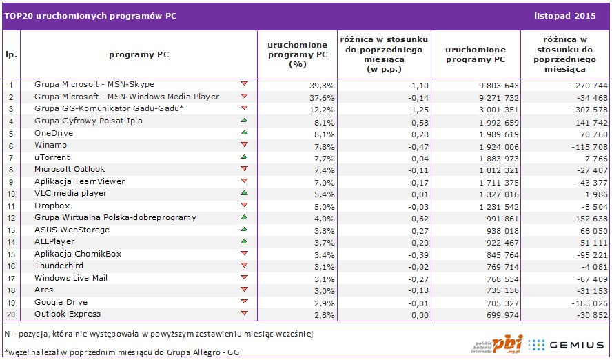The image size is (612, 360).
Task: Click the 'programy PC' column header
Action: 139,54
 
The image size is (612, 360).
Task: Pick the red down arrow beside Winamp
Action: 244,145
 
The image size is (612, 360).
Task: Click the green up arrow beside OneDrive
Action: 244,133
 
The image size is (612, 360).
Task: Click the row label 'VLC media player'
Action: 70,193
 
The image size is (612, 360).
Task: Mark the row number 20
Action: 12,314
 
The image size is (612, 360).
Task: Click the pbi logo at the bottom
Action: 498,343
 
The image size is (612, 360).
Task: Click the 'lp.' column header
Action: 12,54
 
